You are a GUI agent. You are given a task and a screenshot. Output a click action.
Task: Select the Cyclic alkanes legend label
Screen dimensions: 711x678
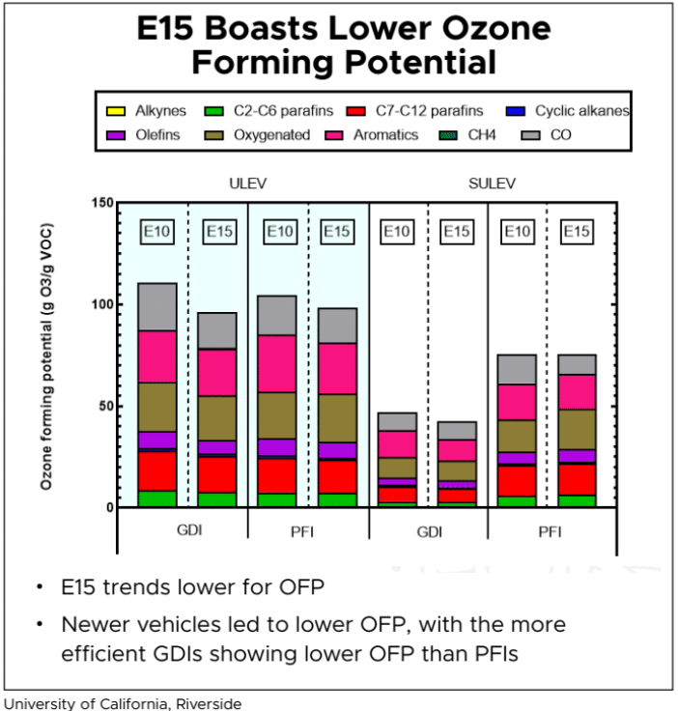(581, 111)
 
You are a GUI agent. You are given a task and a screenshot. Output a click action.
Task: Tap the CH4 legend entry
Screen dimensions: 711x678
(482, 134)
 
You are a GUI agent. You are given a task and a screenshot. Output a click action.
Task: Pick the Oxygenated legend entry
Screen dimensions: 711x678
(271, 134)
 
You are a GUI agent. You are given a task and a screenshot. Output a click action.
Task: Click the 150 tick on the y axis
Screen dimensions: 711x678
(101, 203)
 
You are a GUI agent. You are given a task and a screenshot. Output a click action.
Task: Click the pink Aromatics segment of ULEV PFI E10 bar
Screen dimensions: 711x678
(276, 363)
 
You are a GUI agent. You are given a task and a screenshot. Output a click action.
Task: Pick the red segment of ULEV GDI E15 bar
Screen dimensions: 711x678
(216, 474)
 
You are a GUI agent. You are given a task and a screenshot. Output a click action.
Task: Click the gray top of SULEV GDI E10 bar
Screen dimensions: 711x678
(397, 421)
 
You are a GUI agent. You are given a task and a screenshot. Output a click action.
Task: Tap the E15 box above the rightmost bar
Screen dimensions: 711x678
(577, 232)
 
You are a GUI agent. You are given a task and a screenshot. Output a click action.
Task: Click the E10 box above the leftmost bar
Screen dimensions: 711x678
(156, 232)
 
